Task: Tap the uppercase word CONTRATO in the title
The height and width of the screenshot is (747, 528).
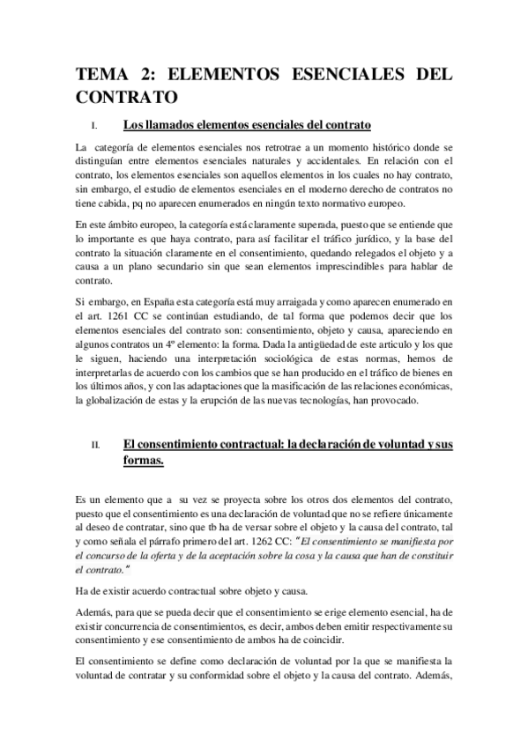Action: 128,94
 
